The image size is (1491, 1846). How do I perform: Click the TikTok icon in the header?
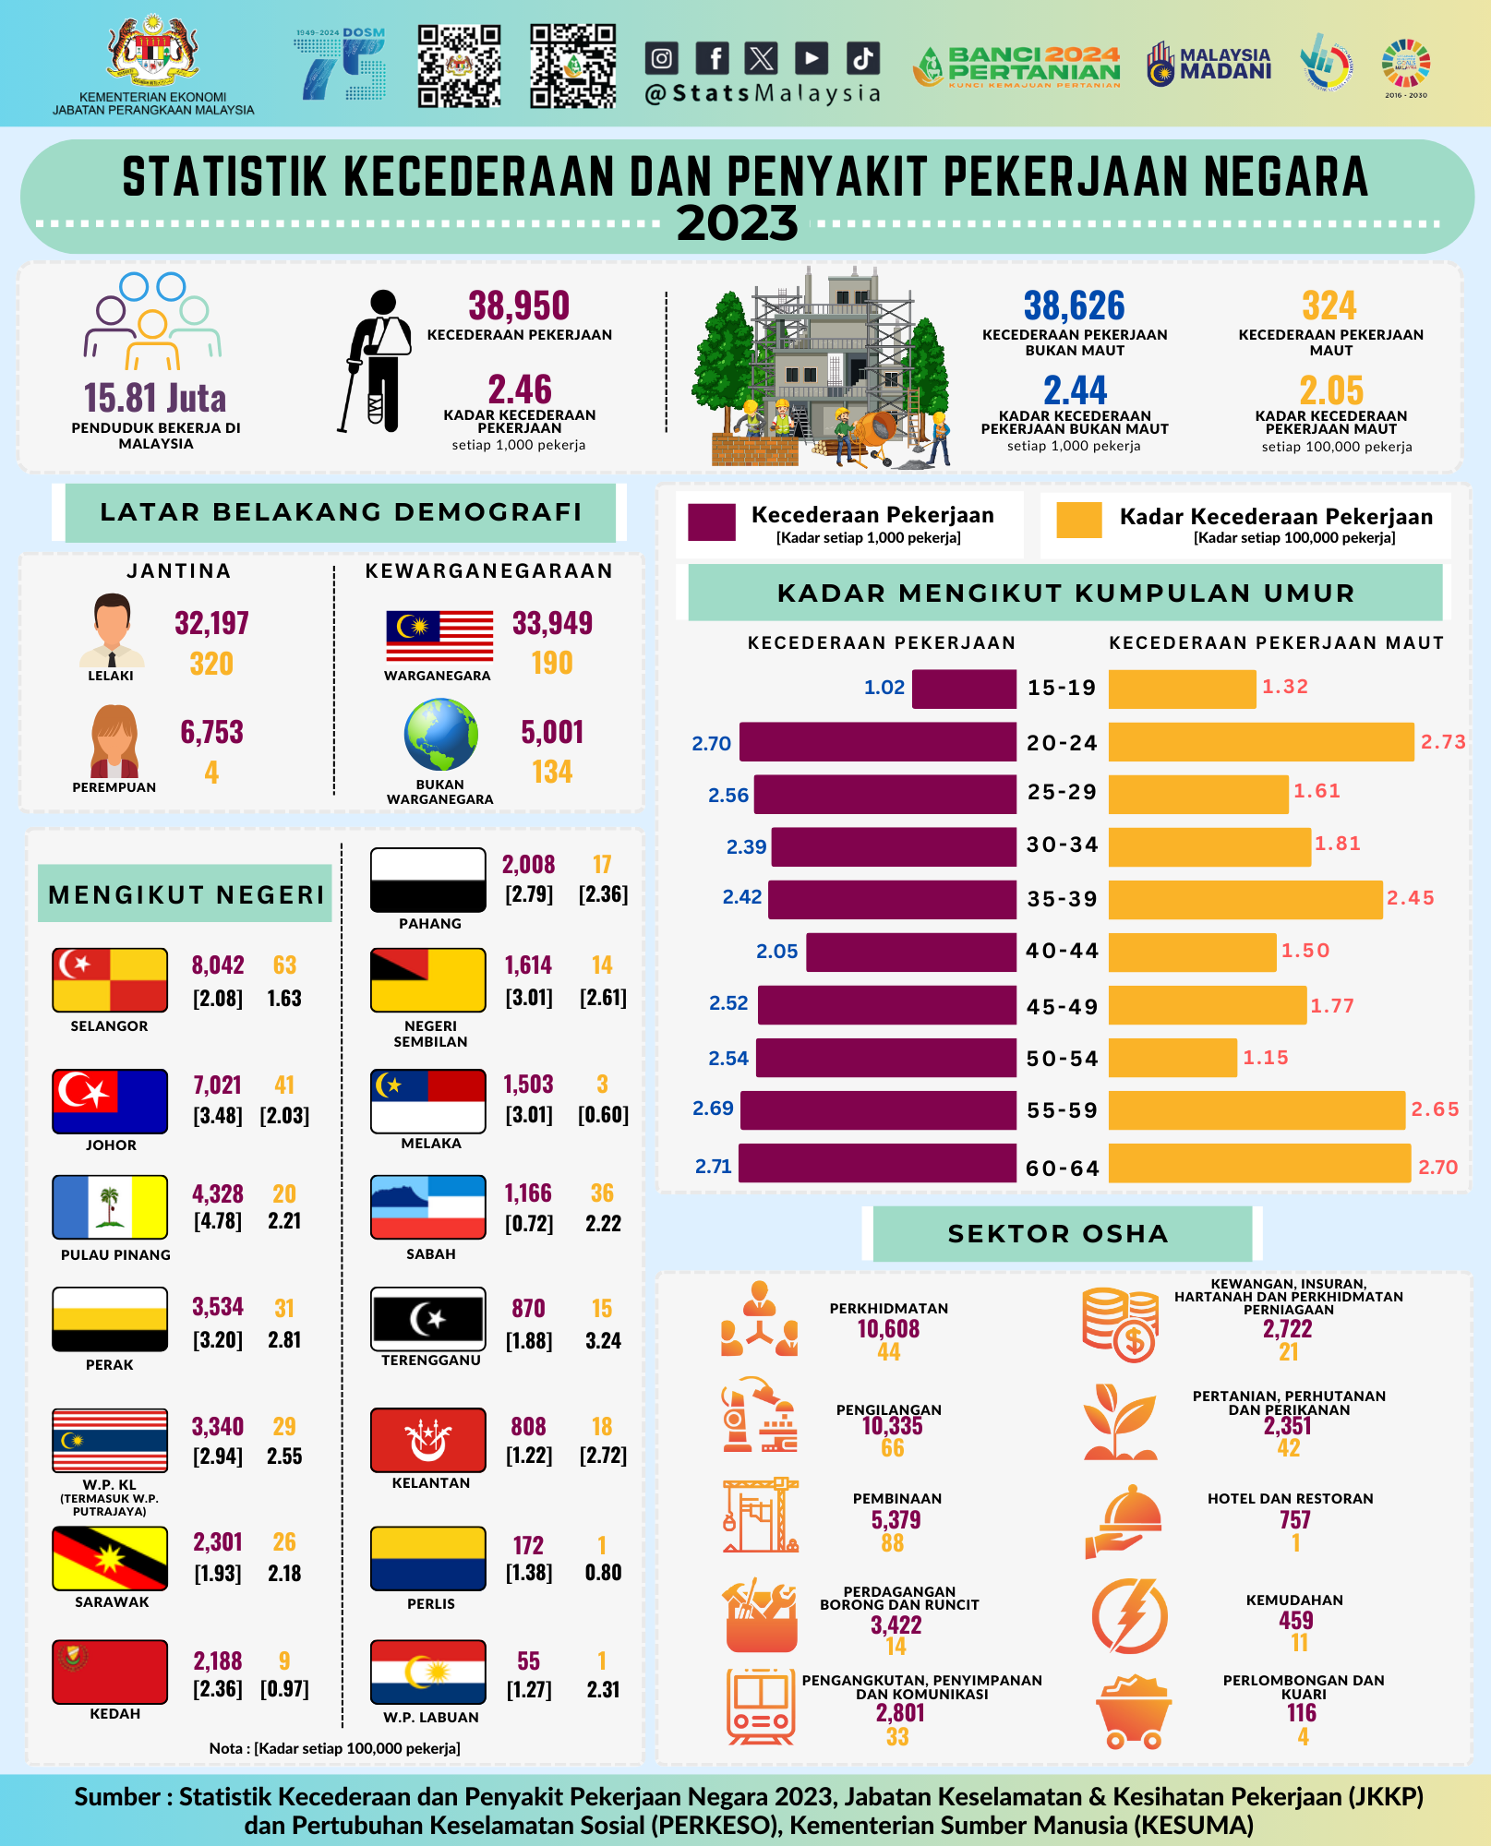862,58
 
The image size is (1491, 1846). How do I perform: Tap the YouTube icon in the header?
811,58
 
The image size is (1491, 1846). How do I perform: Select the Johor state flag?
110,1101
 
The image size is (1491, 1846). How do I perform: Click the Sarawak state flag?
110,1558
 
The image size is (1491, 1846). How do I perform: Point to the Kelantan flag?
427,1440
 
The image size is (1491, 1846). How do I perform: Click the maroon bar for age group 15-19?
964,689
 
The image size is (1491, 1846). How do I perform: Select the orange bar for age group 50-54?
1172,1058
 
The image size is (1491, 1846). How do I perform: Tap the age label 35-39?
1062,899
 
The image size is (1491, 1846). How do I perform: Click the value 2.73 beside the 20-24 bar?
1443,742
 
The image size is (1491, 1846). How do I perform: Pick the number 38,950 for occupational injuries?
519,306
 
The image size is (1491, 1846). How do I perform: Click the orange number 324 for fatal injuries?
1329,306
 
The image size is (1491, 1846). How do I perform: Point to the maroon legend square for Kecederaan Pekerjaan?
712,521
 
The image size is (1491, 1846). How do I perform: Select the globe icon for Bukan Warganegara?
440,735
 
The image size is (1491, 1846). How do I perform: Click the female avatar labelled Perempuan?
114,741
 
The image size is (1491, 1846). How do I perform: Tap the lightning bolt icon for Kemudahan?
1129,1616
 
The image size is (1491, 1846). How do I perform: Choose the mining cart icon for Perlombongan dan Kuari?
1133,1712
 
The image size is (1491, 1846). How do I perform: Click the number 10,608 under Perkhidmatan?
888,1329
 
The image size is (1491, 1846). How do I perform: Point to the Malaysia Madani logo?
1209,64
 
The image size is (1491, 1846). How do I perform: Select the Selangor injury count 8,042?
218,965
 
